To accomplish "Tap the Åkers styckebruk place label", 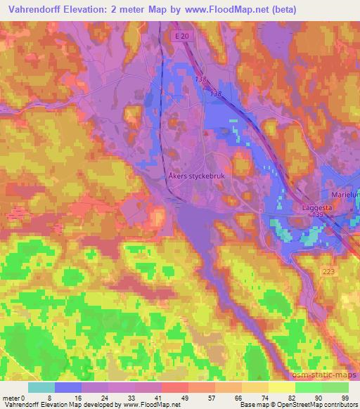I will click(196, 177).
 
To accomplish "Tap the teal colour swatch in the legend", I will click(41, 387).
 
